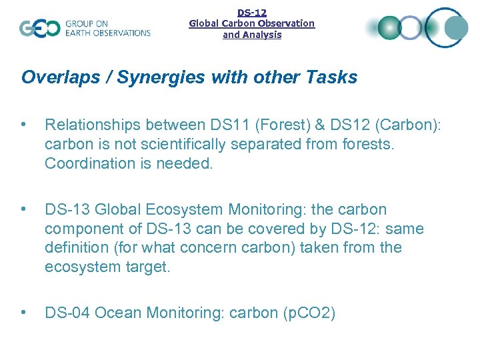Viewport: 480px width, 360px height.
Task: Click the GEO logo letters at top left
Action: point(39,28)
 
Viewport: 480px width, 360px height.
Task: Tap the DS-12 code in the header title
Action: point(252,12)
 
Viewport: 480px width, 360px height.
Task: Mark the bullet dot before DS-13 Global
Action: point(25,209)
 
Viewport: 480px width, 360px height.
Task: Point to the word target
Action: point(150,266)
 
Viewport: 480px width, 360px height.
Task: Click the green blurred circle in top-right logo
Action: point(389,27)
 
